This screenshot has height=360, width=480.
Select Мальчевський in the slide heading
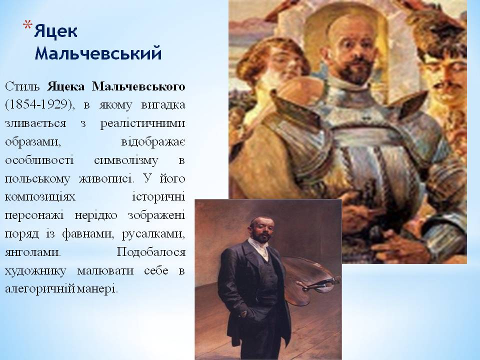point(98,53)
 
